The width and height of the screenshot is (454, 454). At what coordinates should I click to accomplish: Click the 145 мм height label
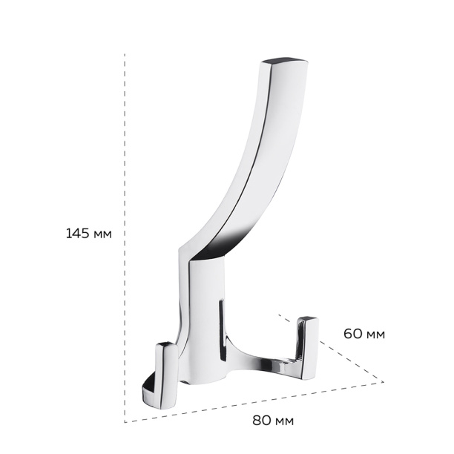point(88,234)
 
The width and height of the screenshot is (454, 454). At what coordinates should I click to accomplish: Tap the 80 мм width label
point(273,421)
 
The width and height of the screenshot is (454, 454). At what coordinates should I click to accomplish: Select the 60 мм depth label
point(364,334)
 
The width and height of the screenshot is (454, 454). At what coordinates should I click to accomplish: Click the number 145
point(77,234)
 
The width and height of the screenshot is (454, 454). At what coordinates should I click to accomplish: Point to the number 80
point(261,421)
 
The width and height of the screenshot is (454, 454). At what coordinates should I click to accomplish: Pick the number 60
point(352,334)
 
